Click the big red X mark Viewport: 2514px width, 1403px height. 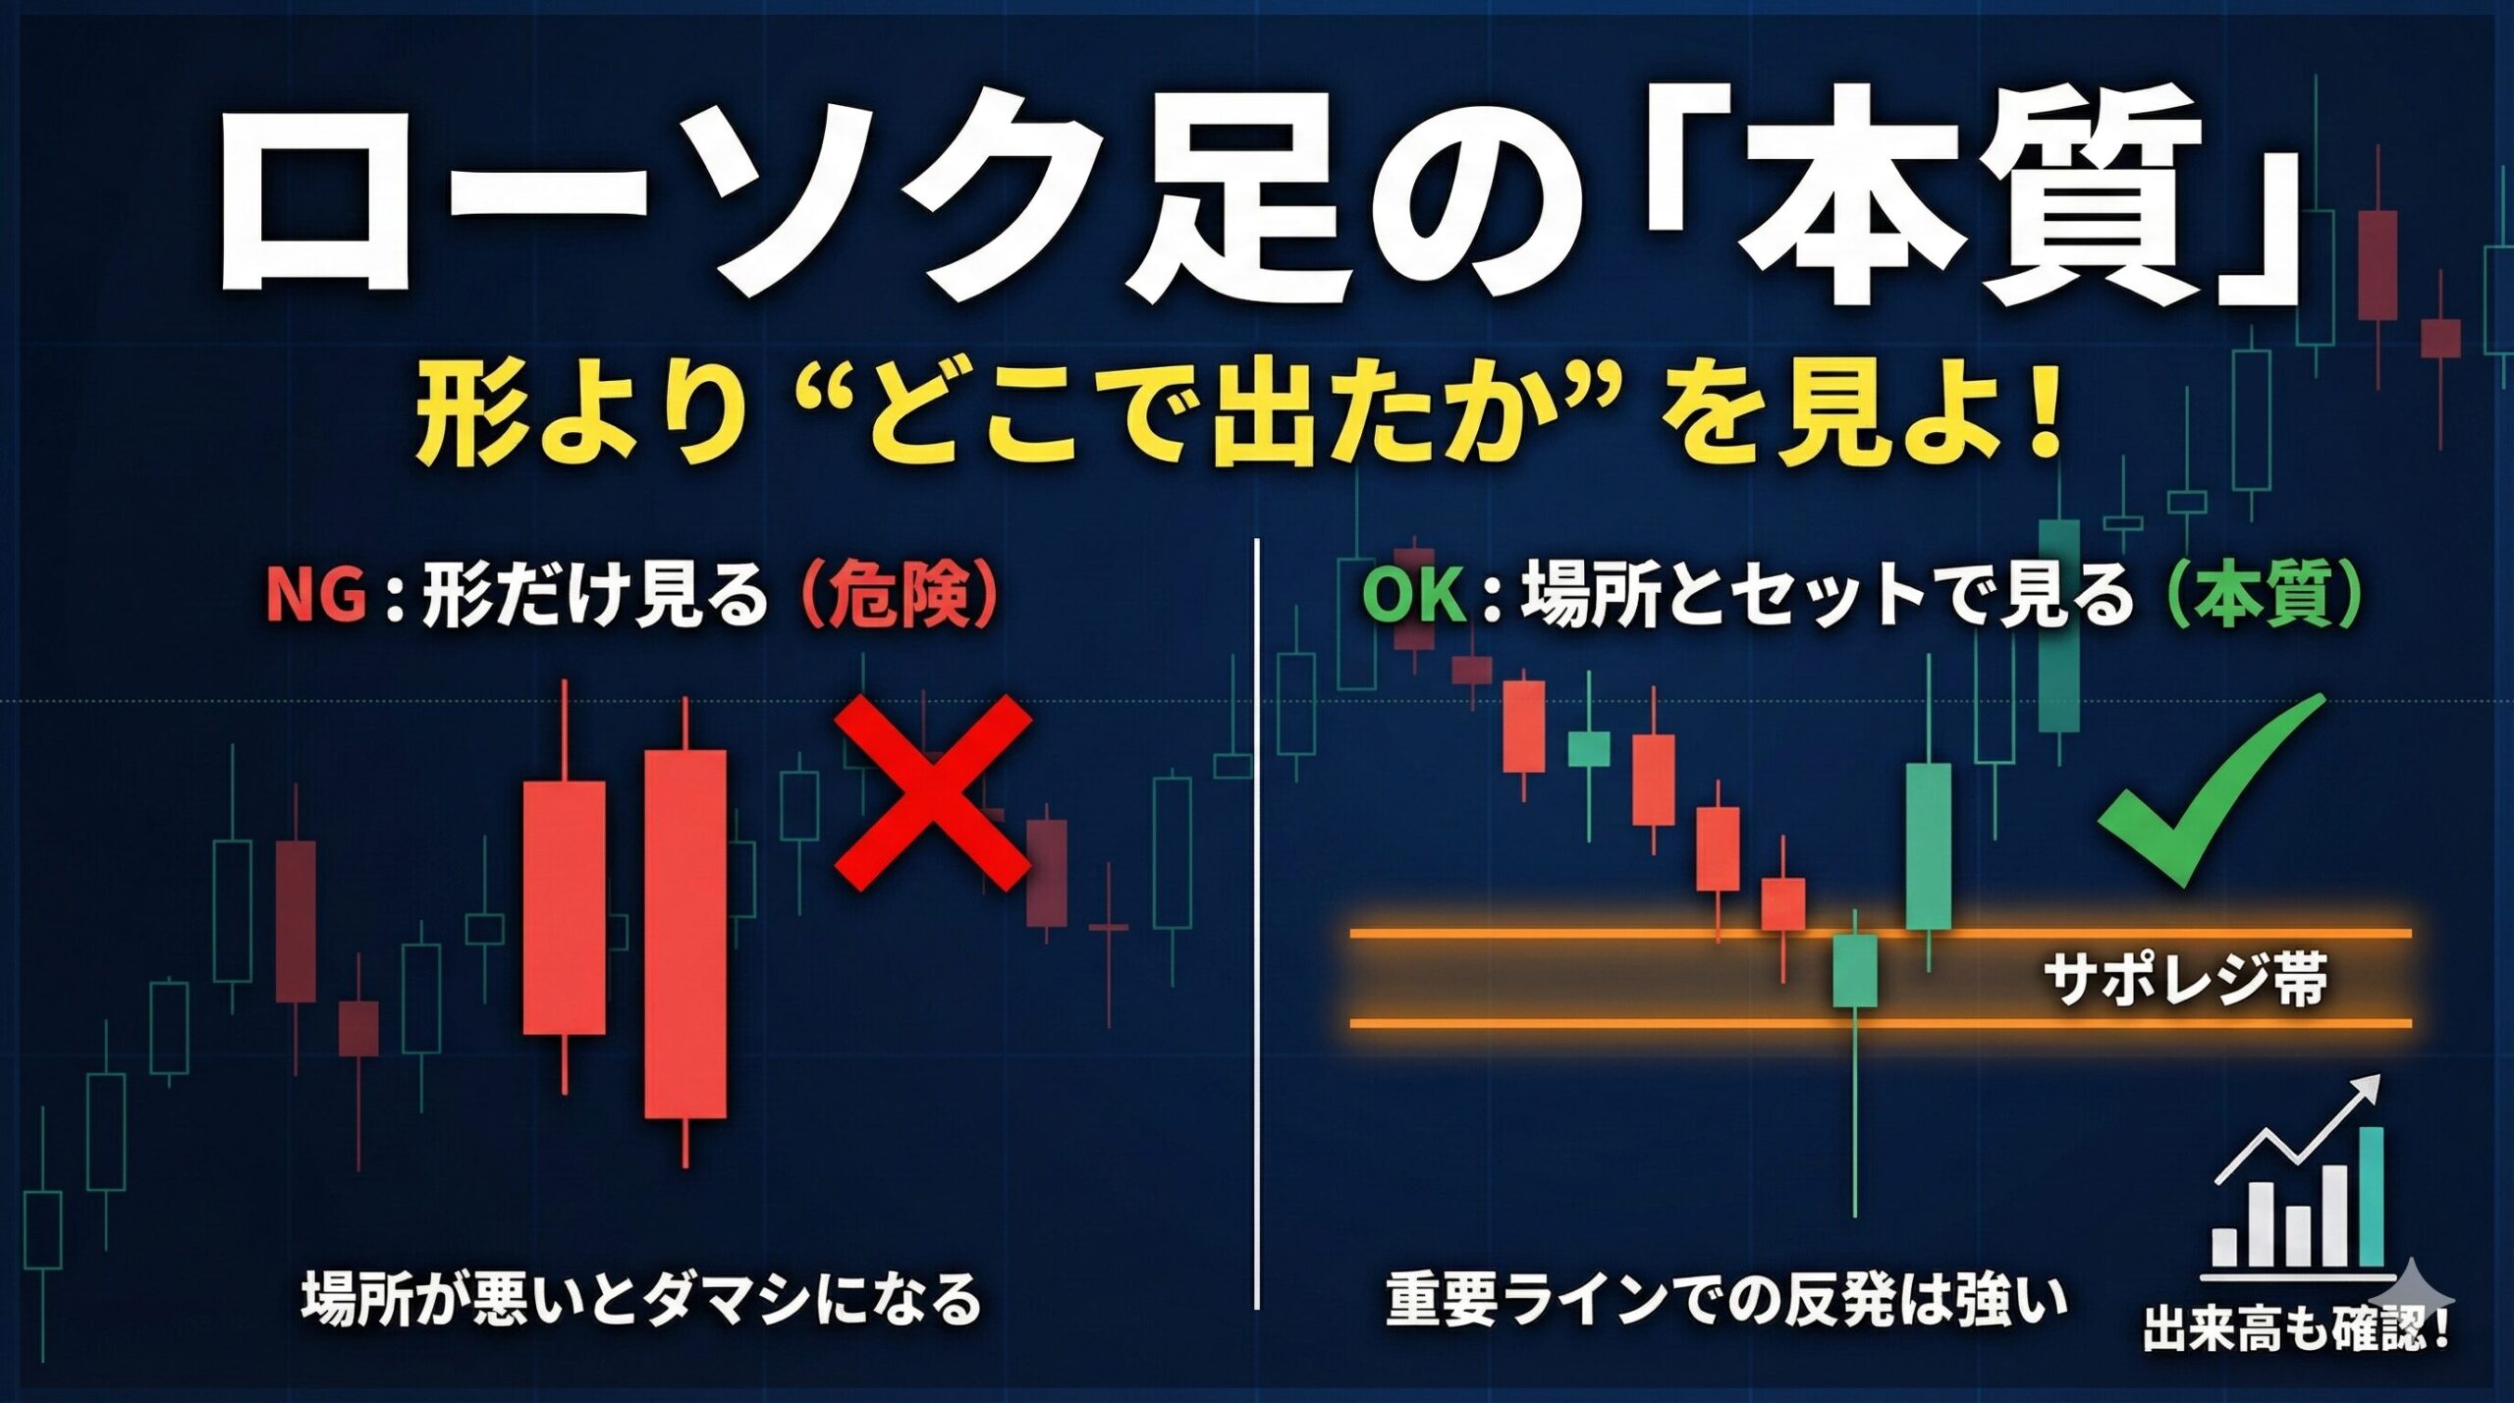pyautogui.click(x=932, y=793)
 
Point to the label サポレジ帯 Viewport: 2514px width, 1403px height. pyautogui.click(x=2185, y=979)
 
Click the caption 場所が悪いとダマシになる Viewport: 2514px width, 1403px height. pyautogui.click(x=641, y=1298)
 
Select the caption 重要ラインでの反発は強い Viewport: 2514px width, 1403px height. pyautogui.click(x=1726, y=1298)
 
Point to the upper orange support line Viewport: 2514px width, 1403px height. pyautogui.click(x=1882, y=934)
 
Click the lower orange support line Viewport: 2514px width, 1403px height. pyautogui.click(x=1882, y=1024)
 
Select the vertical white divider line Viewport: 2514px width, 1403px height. pyautogui.click(x=1257, y=923)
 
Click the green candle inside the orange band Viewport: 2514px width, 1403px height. pyautogui.click(x=1855, y=970)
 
